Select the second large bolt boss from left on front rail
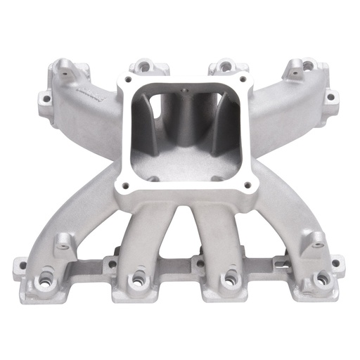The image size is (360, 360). [x=136, y=280]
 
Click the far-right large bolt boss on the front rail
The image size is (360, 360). [x=321, y=279]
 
